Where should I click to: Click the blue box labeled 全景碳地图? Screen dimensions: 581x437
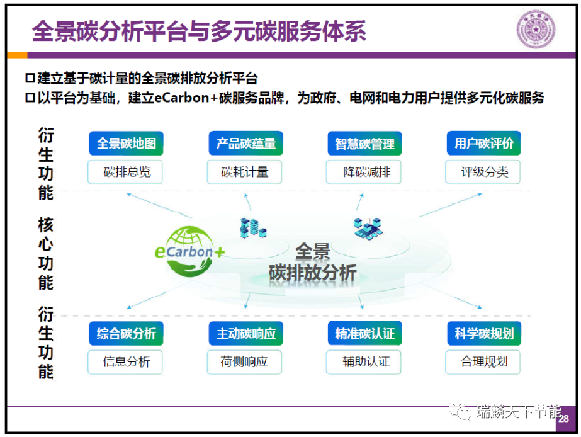[x=126, y=144]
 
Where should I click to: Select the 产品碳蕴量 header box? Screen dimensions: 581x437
[x=245, y=144]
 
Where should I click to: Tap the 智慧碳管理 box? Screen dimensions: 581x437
[x=364, y=144]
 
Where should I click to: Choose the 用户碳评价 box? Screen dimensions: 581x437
[x=484, y=144]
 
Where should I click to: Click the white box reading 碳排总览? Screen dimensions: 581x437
[x=125, y=172]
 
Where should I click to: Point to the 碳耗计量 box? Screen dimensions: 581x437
[x=245, y=172]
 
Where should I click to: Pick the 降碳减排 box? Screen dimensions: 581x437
[x=363, y=172]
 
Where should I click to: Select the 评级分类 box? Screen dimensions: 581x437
[x=483, y=172]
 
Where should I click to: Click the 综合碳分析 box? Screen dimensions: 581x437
[x=126, y=334]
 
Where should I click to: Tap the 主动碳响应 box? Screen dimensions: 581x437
[x=245, y=334]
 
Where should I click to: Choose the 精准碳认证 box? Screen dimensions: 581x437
[x=364, y=334]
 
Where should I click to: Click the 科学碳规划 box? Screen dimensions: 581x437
[x=484, y=334]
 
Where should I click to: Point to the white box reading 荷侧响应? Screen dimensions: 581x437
[x=245, y=362]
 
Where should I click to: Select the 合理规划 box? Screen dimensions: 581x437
[x=483, y=362]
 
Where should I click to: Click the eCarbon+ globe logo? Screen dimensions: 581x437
[x=189, y=252]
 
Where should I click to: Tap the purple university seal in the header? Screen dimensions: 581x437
[x=536, y=30]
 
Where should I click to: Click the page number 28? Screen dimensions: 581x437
[x=563, y=419]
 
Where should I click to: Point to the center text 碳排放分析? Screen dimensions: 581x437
[x=313, y=273]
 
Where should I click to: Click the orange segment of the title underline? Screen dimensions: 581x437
[x=17, y=55]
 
